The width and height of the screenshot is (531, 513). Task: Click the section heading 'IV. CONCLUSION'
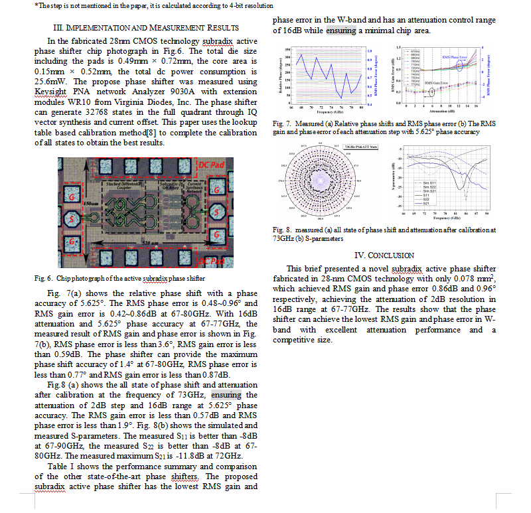(x=384, y=255)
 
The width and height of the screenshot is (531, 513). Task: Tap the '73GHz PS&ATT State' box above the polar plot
(x=358, y=146)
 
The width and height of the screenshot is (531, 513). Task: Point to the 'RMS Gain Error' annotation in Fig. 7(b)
(x=436, y=82)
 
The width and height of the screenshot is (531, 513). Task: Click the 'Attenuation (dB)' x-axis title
(x=437, y=110)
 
